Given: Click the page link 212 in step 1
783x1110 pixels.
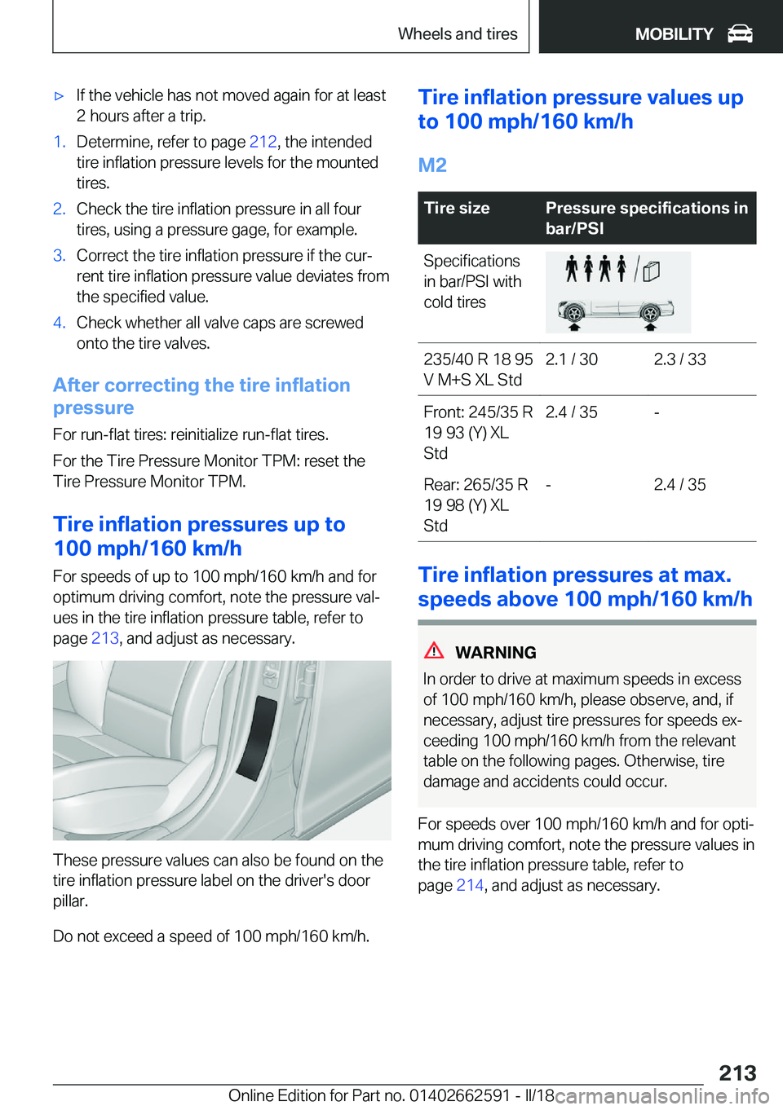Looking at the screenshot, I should coord(263,142).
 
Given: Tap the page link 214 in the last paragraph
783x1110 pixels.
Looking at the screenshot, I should coord(470,885).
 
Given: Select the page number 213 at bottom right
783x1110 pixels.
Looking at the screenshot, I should coord(737,1073).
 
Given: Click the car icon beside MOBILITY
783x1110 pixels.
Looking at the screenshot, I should coord(740,34).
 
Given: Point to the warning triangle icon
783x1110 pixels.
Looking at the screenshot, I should coord(434,650).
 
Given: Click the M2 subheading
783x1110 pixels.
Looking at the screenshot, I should coord(432,165).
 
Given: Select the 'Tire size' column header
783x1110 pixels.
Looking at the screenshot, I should coord(457,209).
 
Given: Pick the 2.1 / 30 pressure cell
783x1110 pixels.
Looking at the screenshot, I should coord(571,359).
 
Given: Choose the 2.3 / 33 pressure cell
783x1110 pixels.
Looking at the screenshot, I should coord(679,359).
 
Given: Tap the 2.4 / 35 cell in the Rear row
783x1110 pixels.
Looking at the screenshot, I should coord(679,485).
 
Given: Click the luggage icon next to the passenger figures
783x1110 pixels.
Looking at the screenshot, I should coord(651,271).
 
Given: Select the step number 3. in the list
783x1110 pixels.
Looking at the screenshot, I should coord(59,256).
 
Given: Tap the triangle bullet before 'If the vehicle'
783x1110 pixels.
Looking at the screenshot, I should coord(59,96).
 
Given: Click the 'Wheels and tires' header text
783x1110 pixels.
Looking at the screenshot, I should coord(458,34).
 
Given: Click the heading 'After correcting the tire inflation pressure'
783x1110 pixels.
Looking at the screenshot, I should coord(201,396).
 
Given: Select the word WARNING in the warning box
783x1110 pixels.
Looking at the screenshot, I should coord(495,653).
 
